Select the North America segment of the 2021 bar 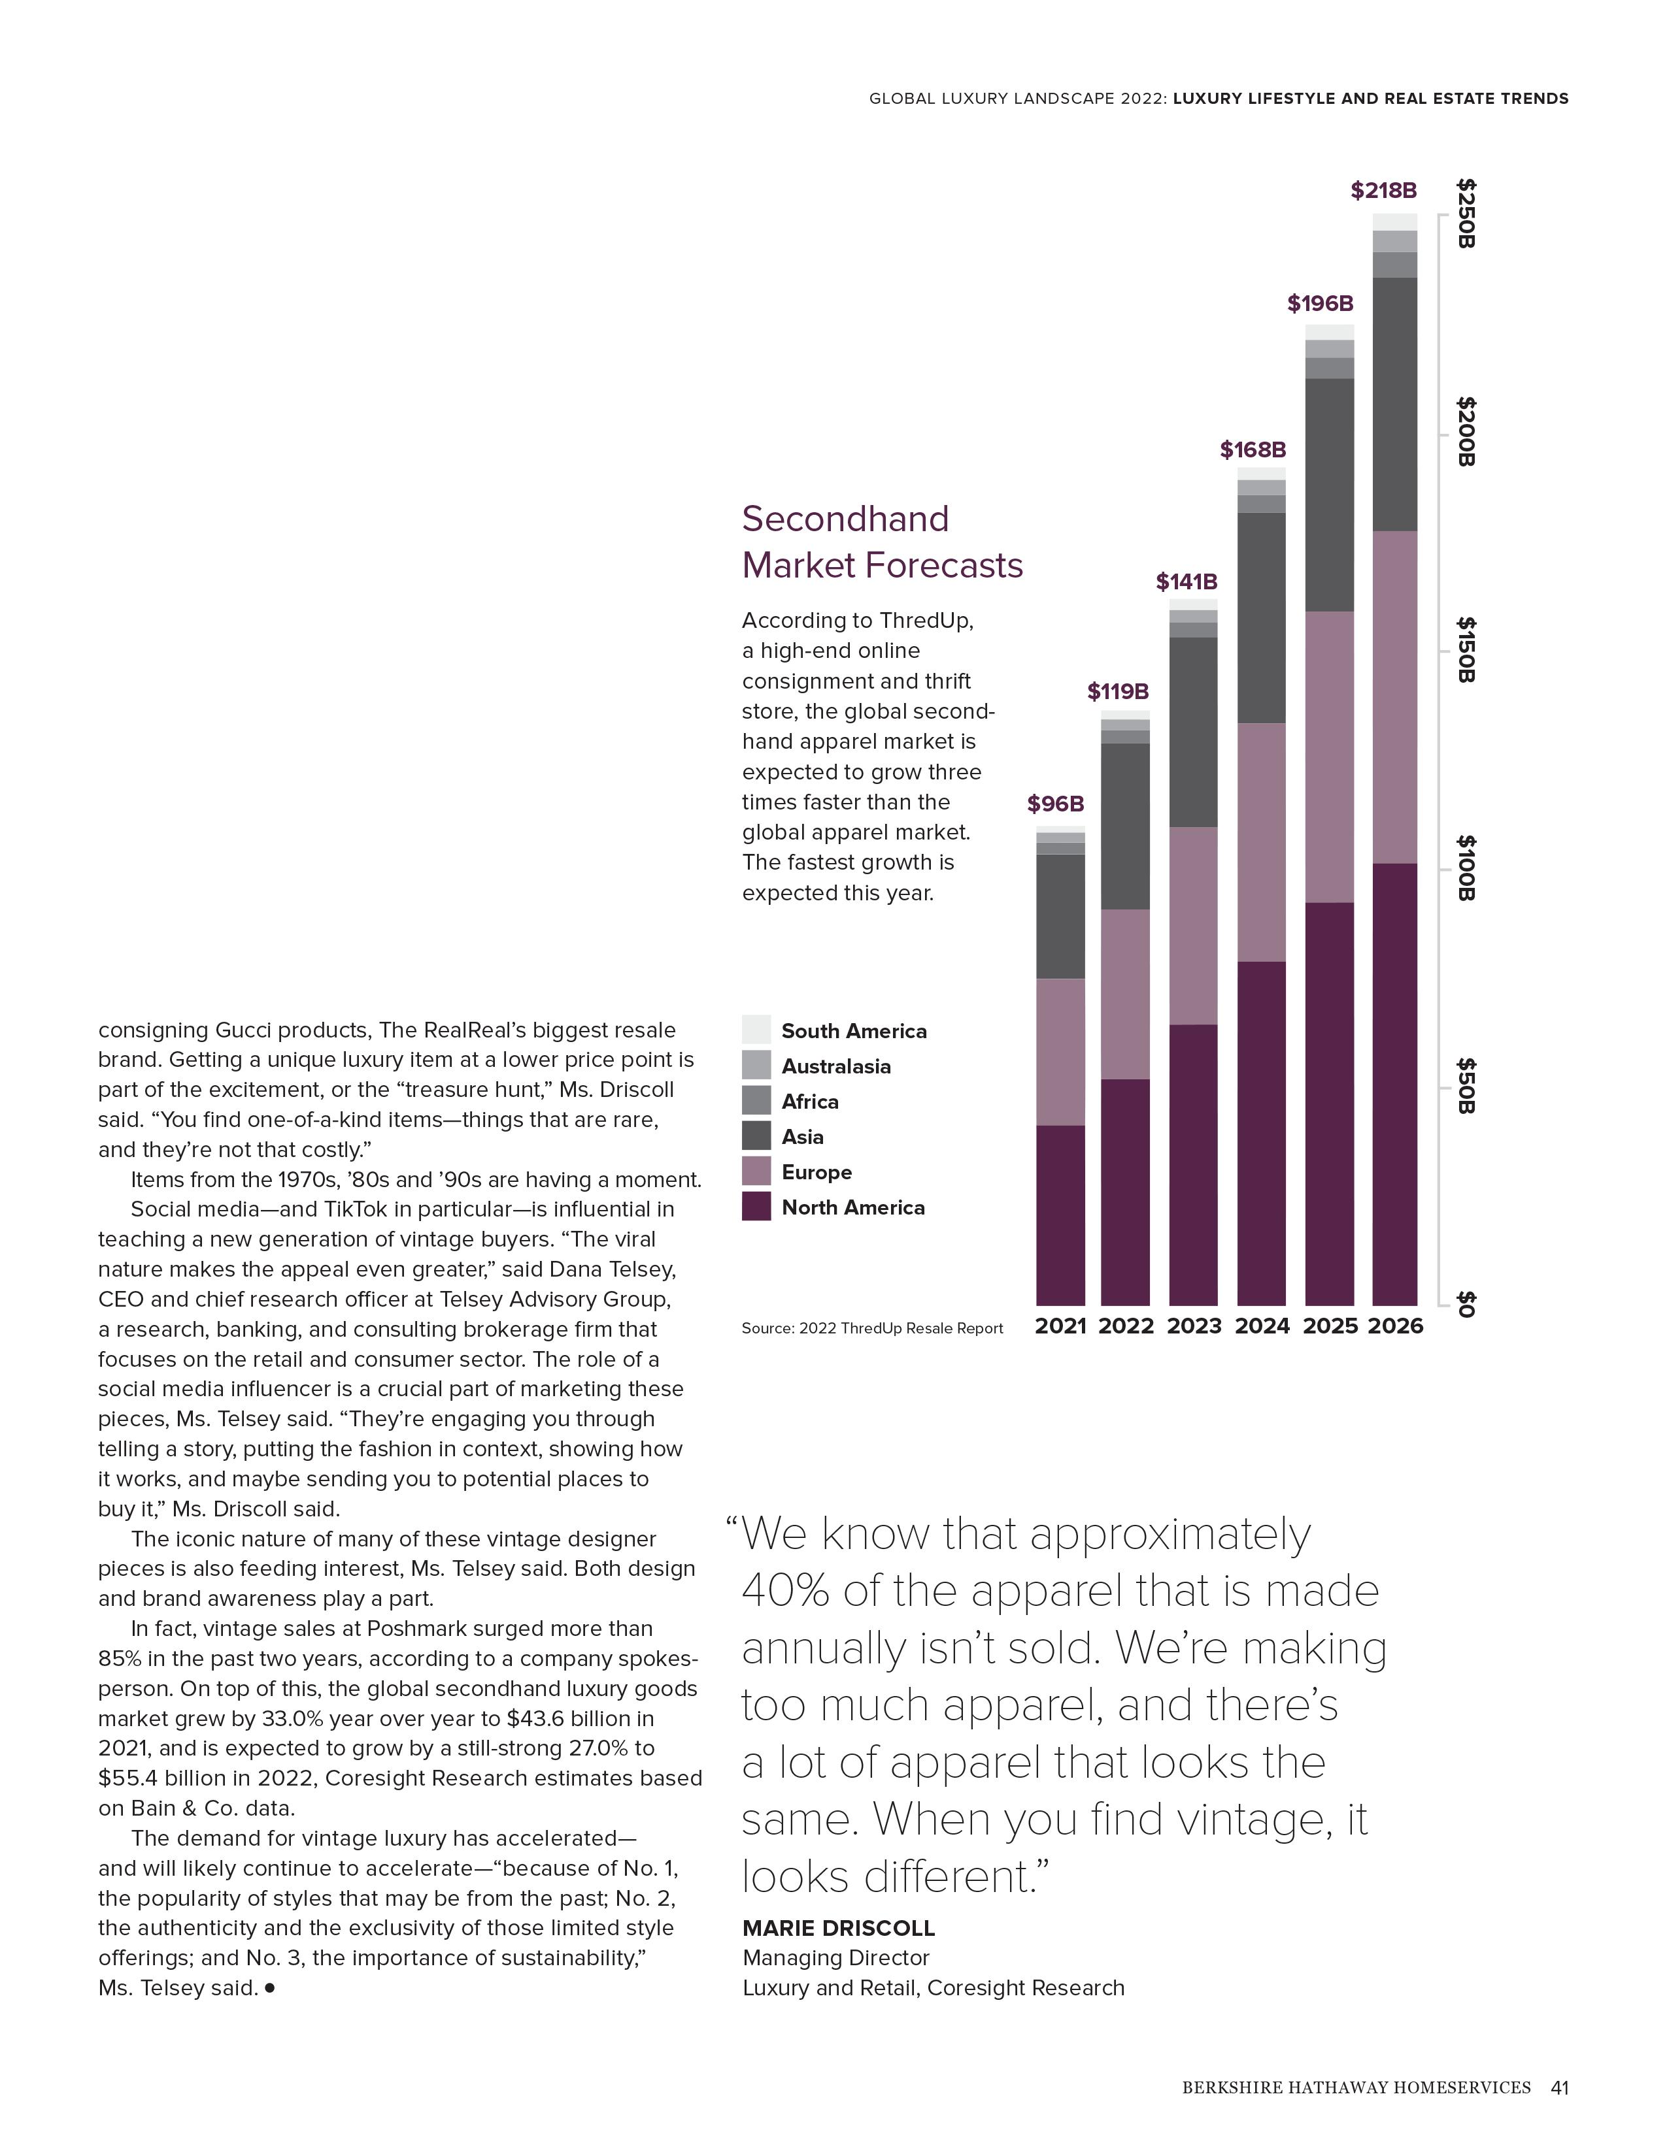pos(1060,1215)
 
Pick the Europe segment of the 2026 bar pos(1394,697)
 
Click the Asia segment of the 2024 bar pos(1261,618)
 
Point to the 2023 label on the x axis pos(1194,1326)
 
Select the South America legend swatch pos(756,1030)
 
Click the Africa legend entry pos(810,1102)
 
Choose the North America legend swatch pos(756,1206)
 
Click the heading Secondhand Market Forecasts pos(881,542)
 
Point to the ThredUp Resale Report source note pos(872,1328)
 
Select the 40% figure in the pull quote pos(788,1592)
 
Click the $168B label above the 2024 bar pos(1253,450)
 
